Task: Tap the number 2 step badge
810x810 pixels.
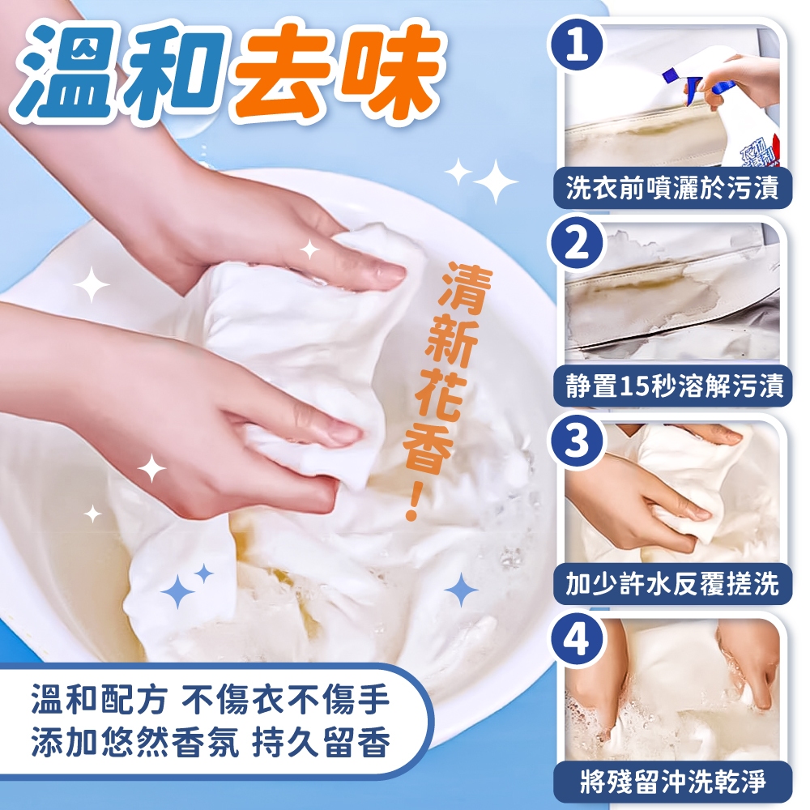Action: coord(578,243)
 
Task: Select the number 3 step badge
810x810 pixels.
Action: coord(578,441)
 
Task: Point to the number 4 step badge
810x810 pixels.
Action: coord(578,639)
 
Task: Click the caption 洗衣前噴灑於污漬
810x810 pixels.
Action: coord(672,188)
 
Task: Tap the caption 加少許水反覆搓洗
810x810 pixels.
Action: coord(672,584)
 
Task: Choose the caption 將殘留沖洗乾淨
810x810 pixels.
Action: coord(672,782)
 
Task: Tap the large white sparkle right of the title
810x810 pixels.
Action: coord(496,181)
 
